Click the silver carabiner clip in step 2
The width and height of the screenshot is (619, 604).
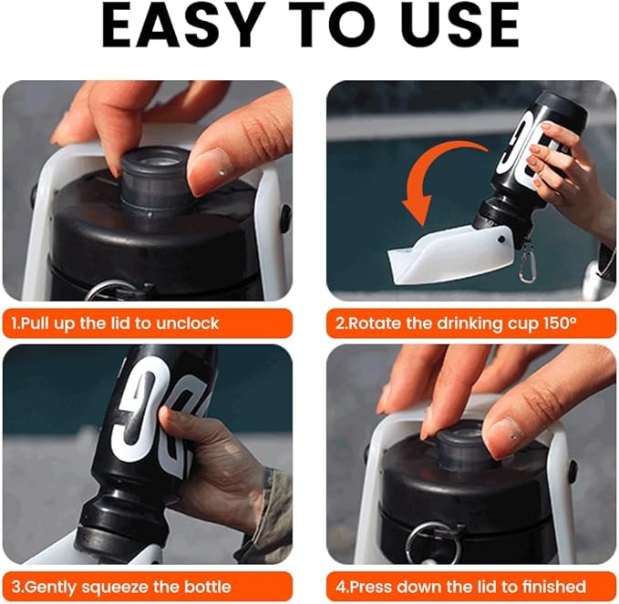[x=526, y=262]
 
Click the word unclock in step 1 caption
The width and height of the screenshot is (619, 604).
[x=188, y=323]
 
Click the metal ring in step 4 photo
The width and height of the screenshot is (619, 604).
[x=433, y=539]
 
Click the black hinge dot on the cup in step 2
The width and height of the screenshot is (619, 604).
[x=501, y=239]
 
